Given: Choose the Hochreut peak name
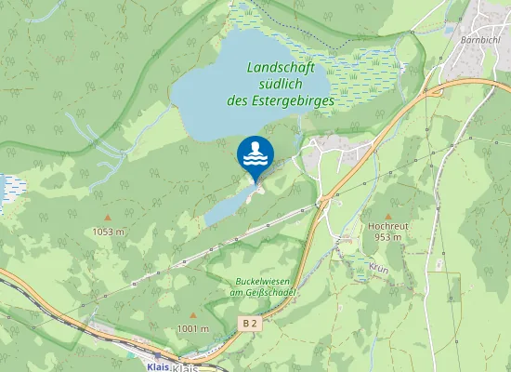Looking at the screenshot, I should (x=388, y=225).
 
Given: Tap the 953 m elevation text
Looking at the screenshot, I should (x=388, y=237).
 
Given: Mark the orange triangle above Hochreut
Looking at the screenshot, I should (x=388, y=215).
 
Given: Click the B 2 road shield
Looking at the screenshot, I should (x=248, y=323).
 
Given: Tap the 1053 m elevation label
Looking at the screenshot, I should (x=108, y=231).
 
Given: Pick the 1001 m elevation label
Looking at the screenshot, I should (x=193, y=328).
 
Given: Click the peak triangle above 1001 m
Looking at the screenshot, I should (x=193, y=316).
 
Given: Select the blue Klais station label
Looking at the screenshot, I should (x=157, y=366).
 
